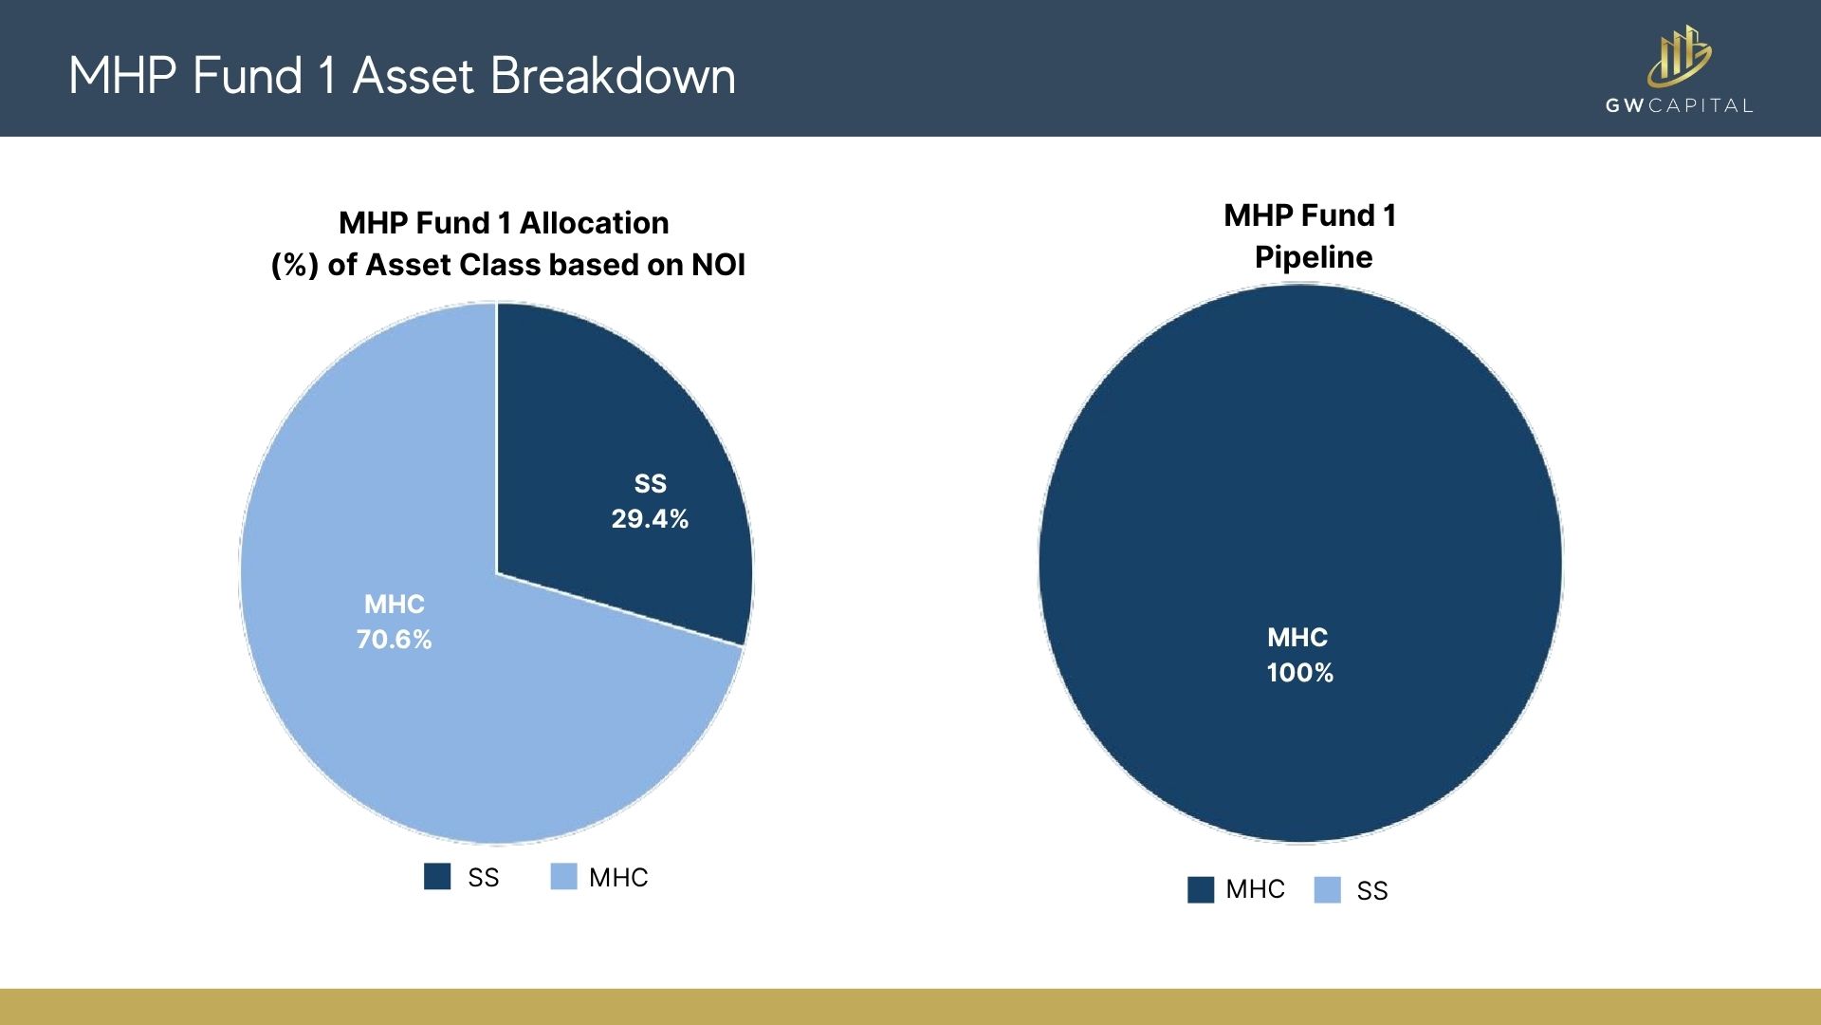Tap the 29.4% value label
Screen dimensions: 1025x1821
650,519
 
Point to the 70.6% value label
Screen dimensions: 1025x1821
394,640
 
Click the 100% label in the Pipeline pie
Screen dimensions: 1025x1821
1299,673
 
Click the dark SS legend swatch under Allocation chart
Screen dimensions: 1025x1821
437,876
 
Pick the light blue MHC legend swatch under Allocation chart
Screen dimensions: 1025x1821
563,876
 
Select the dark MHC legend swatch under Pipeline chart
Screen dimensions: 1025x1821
1201,889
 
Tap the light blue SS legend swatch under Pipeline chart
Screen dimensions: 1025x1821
1327,890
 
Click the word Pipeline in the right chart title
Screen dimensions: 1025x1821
1314,257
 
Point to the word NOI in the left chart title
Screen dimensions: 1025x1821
718,265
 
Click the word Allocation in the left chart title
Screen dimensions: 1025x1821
595,223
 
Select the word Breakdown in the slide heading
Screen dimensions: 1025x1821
613,76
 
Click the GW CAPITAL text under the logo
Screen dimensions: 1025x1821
1679,105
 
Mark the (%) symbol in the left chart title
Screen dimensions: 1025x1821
294,265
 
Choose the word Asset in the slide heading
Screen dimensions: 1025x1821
413,76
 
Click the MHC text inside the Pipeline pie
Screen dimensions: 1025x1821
1297,638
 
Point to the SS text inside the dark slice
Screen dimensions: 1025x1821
651,484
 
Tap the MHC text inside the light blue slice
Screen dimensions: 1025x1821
395,605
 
